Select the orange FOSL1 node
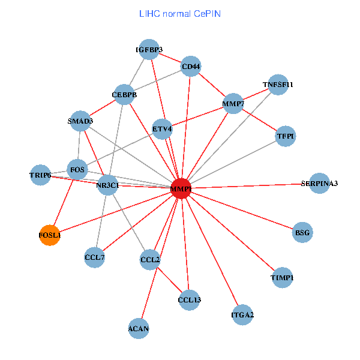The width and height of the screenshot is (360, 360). [50, 235]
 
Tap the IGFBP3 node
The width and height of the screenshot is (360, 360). [149, 49]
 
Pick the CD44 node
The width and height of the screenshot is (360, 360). [191, 66]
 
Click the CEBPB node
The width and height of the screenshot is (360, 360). [125, 94]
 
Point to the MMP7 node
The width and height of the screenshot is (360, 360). [233, 104]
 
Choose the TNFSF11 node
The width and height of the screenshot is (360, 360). [278, 85]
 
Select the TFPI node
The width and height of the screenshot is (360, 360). [286, 137]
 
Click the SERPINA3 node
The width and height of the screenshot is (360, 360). [319, 183]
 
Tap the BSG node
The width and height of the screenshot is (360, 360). [303, 232]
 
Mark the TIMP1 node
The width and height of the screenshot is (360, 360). [282, 278]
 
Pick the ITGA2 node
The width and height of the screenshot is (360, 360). [242, 314]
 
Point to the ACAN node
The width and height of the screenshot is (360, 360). [139, 328]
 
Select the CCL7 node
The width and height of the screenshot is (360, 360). [95, 257]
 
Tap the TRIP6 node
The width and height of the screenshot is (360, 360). [40, 175]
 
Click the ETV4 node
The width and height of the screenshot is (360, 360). [162, 128]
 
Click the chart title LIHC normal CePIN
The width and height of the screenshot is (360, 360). [180, 13]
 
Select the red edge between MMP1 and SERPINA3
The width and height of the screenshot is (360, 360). [252, 185]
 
